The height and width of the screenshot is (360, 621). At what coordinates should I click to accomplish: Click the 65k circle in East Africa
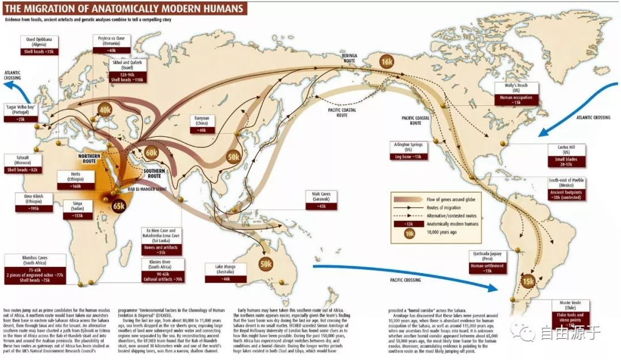(x=119, y=205)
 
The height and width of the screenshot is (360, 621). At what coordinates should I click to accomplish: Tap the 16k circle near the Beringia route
(x=386, y=62)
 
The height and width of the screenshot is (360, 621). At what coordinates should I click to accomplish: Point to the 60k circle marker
(x=151, y=153)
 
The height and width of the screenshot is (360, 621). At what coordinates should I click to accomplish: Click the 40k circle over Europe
(x=105, y=110)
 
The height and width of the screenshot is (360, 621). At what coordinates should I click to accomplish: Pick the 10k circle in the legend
(x=409, y=235)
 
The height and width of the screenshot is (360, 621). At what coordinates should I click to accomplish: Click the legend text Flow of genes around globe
(x=455, y=197)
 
